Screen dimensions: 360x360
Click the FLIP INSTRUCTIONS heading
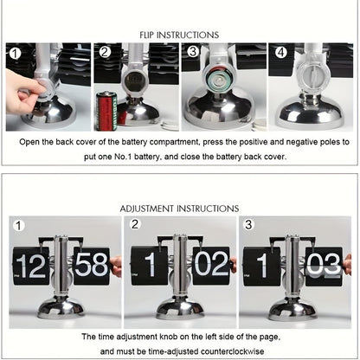(x=179, y=35)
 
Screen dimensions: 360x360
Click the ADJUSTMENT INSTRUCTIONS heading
(x=179, y=209)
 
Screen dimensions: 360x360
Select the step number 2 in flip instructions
(x=106, y=52)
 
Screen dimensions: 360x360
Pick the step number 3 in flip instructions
(x=193, y=52)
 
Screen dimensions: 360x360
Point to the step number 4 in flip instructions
(x=281, y=52)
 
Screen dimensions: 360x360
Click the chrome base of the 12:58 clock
(x=61, y=308)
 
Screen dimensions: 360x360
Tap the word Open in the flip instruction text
(x=32, y=140)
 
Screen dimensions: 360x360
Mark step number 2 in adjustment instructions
(x=134, y=224)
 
